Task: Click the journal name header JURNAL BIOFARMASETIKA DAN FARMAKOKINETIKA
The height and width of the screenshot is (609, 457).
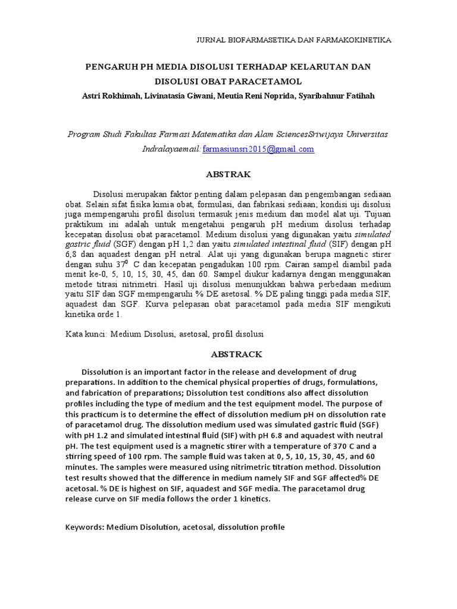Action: [293, 40]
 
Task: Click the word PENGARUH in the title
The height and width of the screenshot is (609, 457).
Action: [112, 67]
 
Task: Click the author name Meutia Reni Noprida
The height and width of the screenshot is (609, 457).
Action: [252, 96]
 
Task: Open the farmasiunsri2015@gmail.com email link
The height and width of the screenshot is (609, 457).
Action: [258, 149]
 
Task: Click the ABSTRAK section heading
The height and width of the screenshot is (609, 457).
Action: [228, 174]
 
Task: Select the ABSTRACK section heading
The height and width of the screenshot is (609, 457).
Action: [228, 354]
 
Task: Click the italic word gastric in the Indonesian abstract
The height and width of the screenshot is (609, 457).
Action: [80, 244]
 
